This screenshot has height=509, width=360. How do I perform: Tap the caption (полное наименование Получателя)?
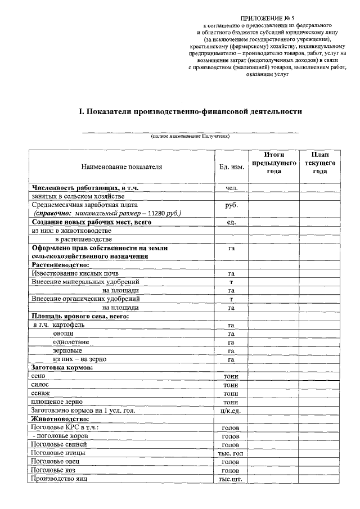pyautogui.click(x=190, y=137)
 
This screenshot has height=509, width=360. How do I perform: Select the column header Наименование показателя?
pyautogui.click(x=121, y=166)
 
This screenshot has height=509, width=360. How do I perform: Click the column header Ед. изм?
pyautogui.click(x=231, y=167)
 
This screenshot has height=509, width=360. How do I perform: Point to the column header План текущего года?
pyautogui.click(x=319, y=163)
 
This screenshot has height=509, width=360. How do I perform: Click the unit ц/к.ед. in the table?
pyautogui.click(x=231, y=411)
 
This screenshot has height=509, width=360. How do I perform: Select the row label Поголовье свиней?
pyautogui.click(x=59, y=444)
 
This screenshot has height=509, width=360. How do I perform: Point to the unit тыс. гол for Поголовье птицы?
pyautogui.click(x=231, y=453)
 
